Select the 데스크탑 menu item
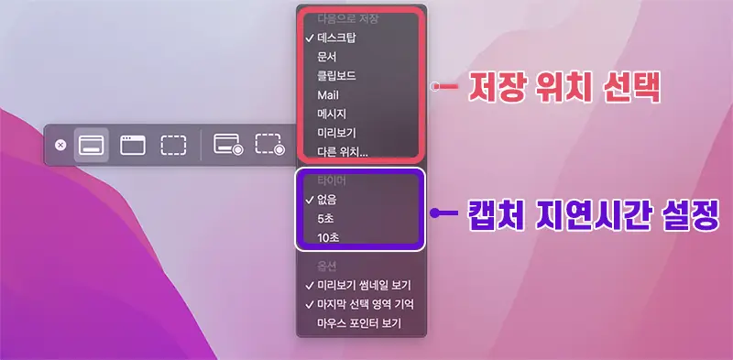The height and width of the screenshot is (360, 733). click(x=336, y=38)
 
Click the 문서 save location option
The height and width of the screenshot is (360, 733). click(x=327, y=56)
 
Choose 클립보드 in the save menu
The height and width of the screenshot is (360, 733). click(x=336, y=75)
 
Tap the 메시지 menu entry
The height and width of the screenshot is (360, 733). click(x=332, y=114)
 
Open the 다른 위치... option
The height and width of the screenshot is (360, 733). click(x=343, y=151)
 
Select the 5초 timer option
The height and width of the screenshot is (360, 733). click(x=326, y=218)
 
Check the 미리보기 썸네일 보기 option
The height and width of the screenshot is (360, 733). click(x=363, y=284)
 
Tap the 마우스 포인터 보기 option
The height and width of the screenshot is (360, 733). click(x=359, y=322)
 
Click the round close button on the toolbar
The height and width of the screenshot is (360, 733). click(x=60, y=145)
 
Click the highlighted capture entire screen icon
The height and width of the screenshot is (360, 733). click(x=92, y=145)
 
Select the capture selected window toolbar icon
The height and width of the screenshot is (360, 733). click(x=133, y=145)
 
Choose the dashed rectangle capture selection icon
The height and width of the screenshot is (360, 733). click(x=173, y=145)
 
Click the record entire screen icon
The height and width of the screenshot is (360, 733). click(x=227, y=145)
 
